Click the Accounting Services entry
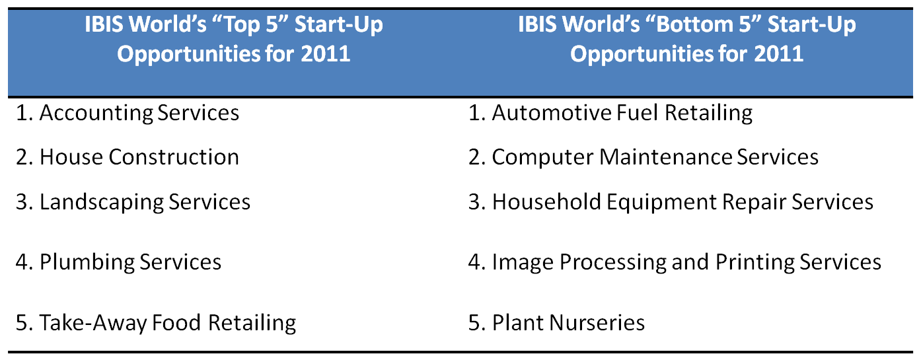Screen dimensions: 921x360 (128, 113)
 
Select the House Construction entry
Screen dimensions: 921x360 (128, 157)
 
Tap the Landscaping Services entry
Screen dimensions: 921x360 (133, 202)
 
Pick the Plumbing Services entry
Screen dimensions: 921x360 (118, 262)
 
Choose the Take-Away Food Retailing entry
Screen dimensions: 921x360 (156, 322)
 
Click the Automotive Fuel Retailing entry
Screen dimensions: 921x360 (610, 113)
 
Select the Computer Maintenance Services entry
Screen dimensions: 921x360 (644, 157)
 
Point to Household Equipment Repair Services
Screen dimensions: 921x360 (671, 202)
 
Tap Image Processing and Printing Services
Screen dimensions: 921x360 (675, 262)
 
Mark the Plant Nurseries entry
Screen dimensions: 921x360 (556, 322)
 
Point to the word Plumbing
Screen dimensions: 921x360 (87, 262)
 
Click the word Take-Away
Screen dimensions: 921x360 (93, 323)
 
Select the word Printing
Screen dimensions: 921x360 (755, 262)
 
